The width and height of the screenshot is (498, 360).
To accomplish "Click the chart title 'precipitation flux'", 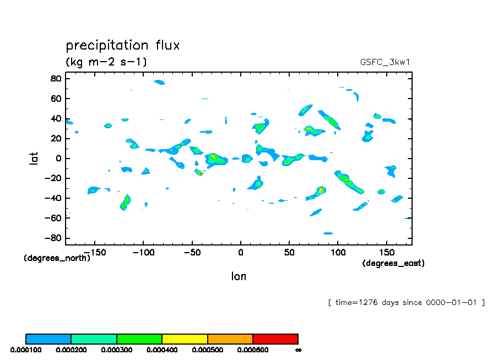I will [x=123, y=45].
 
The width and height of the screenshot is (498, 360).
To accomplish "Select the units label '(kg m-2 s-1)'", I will [x=106, y=62].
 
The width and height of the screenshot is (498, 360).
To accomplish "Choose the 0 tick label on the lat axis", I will [x=58, y=159].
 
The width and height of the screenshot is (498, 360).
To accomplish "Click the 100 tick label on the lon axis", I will [x=337, y=253].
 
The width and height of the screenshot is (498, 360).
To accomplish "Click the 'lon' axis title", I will [x=239, y=276].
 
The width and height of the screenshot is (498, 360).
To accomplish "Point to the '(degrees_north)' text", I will [x=57, y=258].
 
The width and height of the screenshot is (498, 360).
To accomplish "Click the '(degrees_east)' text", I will [x=393, y=263].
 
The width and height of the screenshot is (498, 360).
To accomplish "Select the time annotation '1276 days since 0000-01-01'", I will [x=406, y=302].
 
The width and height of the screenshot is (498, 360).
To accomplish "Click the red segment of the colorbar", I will [x=275, y=339].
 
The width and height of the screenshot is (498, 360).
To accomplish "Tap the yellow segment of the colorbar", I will [x=185, y=339].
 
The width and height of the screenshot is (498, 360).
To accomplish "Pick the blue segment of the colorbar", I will [x=48, y=339].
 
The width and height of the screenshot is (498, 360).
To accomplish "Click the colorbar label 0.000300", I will [x=116, y=350].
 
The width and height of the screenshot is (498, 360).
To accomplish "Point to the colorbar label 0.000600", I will [x=253, y=350].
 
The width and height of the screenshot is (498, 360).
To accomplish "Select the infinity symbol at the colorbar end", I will [x=298, y=350].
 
